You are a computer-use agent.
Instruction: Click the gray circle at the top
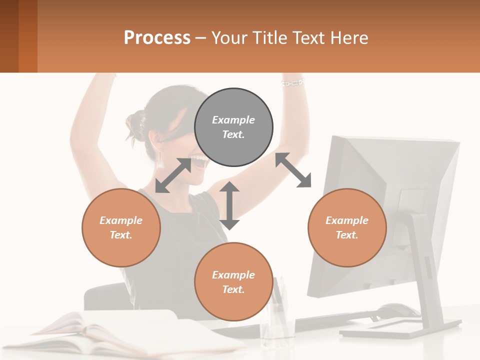pyautogui.click(x=233, y=127)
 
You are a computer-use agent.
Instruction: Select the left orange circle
pyautogui.click(x=121, y=227)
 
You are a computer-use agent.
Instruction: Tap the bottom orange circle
pyautogui.click(x=233, y=281)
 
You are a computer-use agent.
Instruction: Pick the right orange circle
pyautogui.click(x=347, y=227)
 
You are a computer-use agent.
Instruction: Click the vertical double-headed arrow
pyautogui.click(x=229, y=205)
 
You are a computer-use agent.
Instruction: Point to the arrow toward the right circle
pyautogui.click(x=293, y=170)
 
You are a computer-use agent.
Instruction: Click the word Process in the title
pyautogui.click(x=157, y=38)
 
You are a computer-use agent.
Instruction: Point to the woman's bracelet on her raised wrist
pyautogui.click(x=292, y=82)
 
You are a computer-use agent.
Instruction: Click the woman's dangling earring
pyautogui.click(x=161, y=159)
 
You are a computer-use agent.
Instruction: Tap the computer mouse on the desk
pyautogui.click(x=398, y=310)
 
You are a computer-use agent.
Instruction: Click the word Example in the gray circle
pyautogui.click(x=233, y=120)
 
